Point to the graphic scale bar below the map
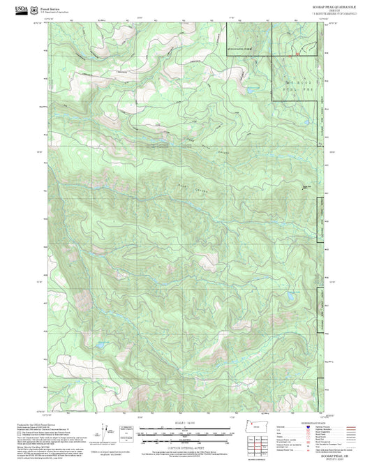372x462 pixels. click(x=185, y=431)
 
